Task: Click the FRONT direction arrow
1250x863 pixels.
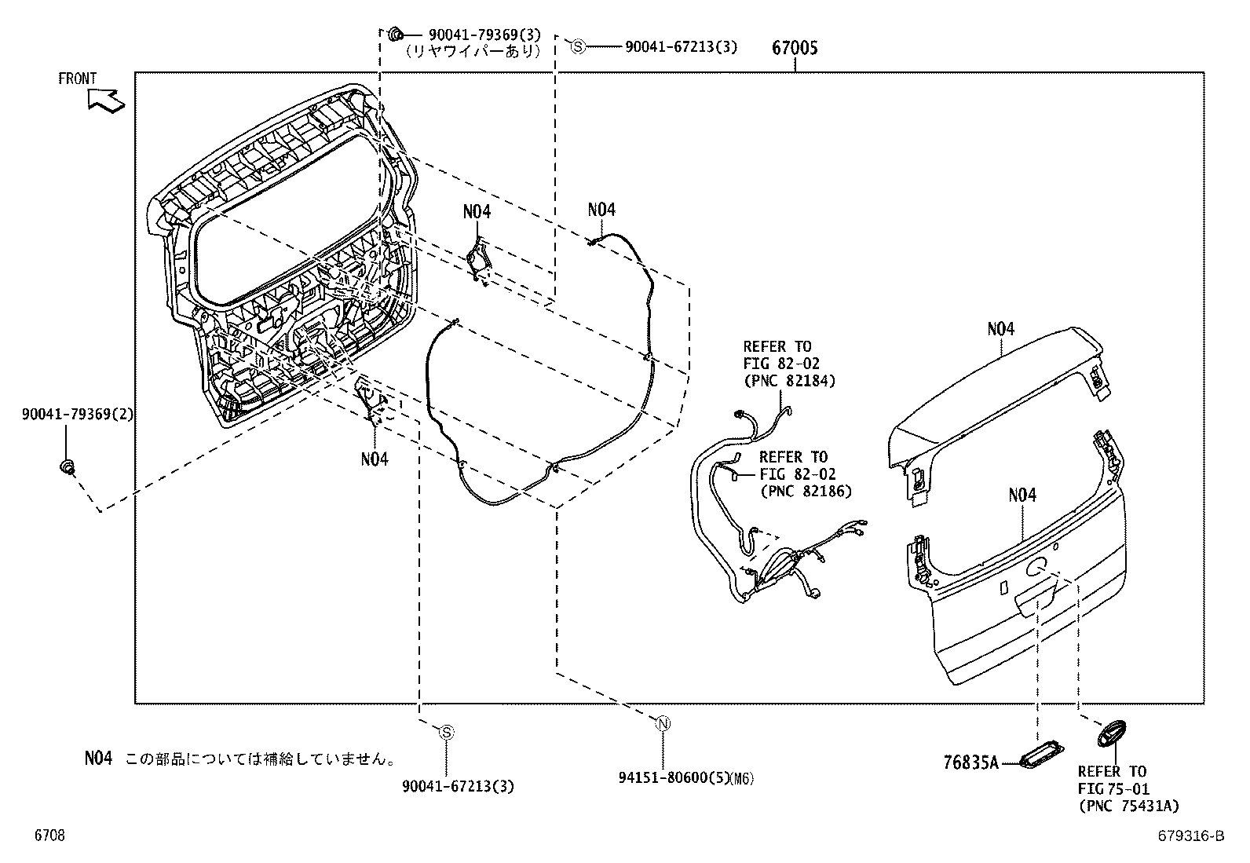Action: (106, 101)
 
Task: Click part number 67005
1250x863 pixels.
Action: (794, 48)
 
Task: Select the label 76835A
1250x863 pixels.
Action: (970, 762)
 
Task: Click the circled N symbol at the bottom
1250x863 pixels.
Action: (663, 724)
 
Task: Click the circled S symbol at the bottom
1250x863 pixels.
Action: (446, 733)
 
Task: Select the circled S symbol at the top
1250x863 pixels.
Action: (578, 46)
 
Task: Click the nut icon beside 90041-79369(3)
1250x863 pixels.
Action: (396, 34)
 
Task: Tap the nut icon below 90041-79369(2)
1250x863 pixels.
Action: (68, 466)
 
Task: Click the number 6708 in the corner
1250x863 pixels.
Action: (49, 836)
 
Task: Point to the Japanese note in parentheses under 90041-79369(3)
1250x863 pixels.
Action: (473, 51)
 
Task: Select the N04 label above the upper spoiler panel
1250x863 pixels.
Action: (1000, 328)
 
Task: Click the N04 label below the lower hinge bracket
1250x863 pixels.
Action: (375, 459)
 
